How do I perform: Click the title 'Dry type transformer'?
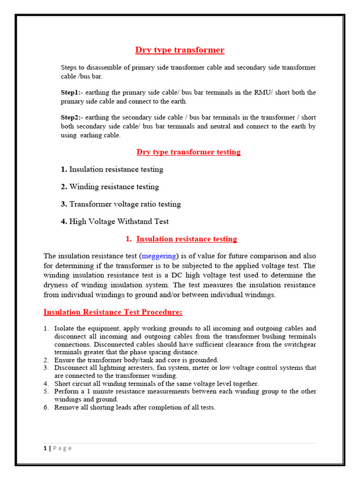pos(180,50)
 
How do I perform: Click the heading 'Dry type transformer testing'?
pos(188,152)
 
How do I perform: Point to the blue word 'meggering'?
pos(159,256)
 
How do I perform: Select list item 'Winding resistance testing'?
pos(114,187)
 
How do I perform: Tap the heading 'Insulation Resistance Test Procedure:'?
pos(113,312)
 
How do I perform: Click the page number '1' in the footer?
pos(45,448)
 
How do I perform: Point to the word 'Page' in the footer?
pos(62,448)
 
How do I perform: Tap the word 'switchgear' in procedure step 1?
pos(300,345)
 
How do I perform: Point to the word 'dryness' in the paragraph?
pos(56,285)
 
